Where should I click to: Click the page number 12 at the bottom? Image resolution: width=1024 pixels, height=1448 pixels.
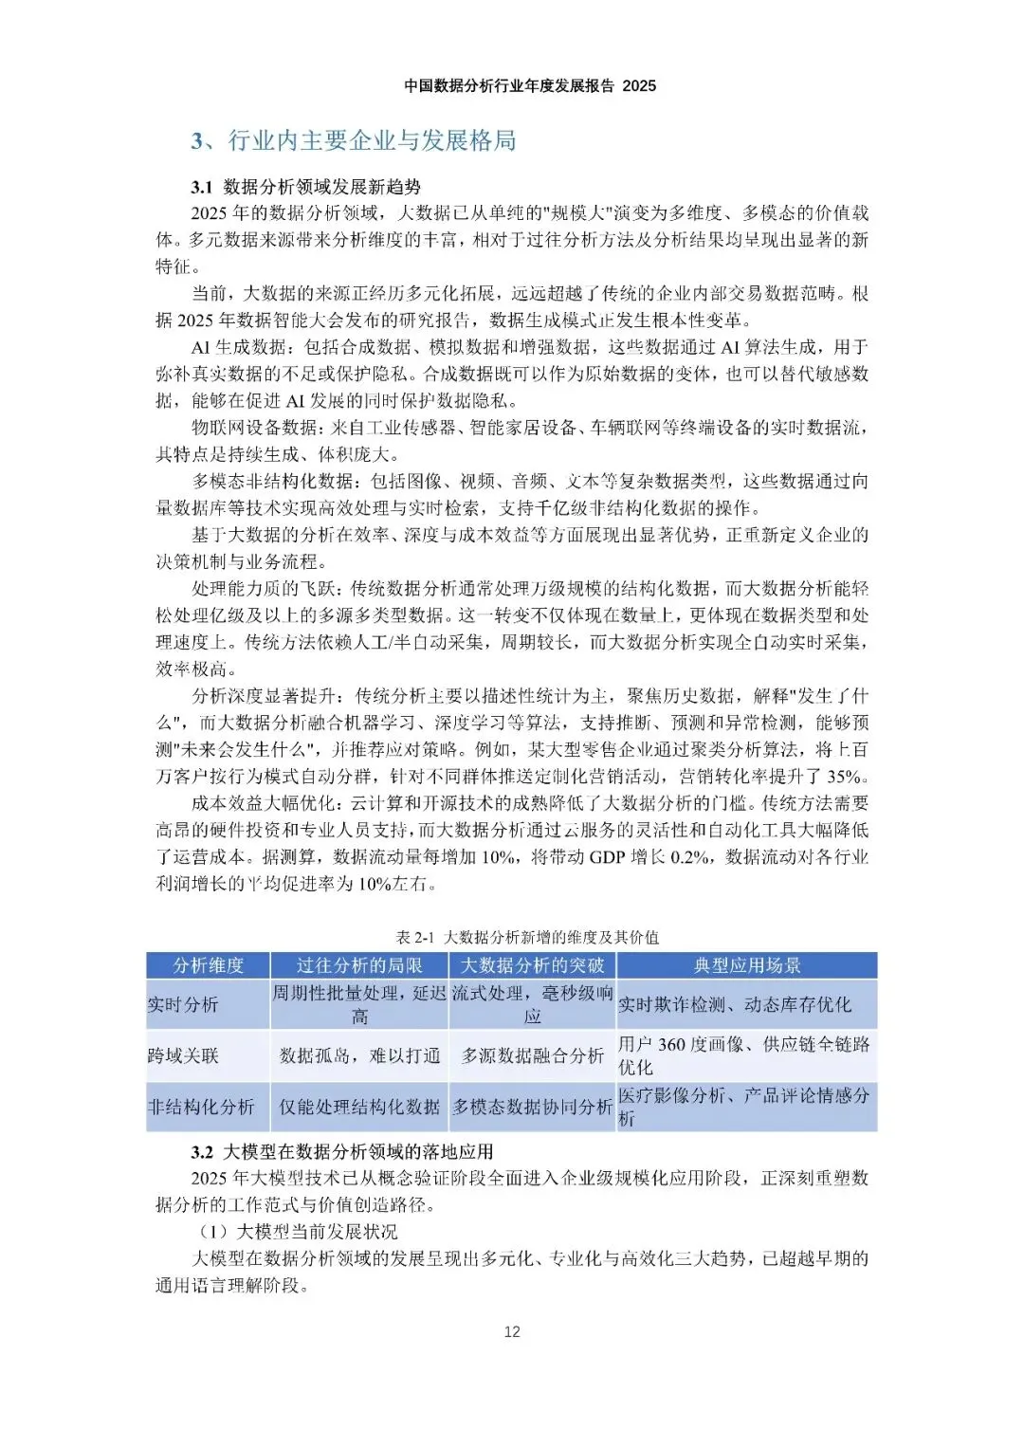(x=512, y=1331)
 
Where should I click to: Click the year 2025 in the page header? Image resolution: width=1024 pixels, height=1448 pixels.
(x=639, y=85)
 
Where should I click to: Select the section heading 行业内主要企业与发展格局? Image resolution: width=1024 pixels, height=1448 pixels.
(x=372, y=141)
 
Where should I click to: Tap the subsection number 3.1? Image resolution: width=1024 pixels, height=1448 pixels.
(x=201, y=187)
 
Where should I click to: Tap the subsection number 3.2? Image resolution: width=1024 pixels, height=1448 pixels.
(x=201, y=1152)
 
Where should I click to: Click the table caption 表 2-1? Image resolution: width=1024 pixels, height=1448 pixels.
(x=414, y=937)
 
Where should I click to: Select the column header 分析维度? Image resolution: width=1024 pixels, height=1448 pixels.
(x=209, y=965)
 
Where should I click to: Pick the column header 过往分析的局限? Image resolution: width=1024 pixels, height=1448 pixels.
(x=359, y=965)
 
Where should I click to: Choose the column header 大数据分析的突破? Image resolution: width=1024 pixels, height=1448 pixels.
(x=532, y=965)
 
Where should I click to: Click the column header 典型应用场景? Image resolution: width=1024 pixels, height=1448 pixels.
(x=747, y=965)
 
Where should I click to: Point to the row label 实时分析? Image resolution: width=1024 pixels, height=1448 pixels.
(x=183, y=1004)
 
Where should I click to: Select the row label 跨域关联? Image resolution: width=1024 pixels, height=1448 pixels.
(x=183, y=1055)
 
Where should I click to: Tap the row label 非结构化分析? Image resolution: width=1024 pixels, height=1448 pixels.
(x=201, y=1107)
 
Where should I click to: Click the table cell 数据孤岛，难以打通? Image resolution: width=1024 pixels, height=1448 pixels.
(x=359, y=1055)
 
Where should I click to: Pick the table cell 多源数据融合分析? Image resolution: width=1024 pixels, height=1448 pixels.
(x=532, y=1055)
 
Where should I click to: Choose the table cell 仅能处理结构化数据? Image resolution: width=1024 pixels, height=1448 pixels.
(x=359, y=1107)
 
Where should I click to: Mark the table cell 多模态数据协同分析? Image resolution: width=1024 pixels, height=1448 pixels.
(x=532, y=1107)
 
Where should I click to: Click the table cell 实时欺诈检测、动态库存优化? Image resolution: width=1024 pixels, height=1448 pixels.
(x=735, y=1004)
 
